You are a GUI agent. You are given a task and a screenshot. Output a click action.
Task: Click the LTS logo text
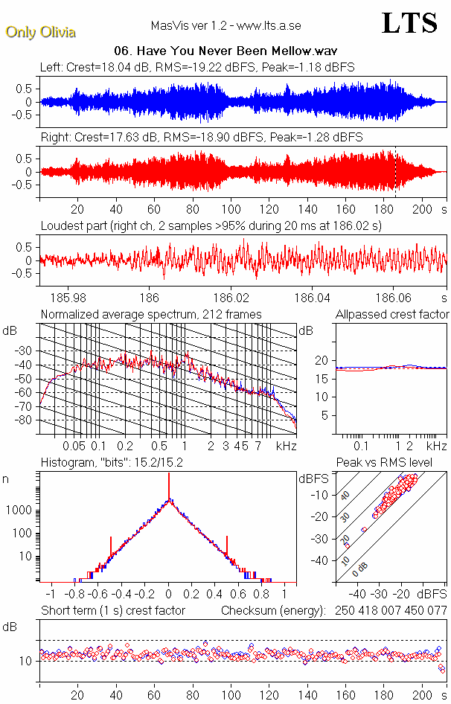click(409, 24)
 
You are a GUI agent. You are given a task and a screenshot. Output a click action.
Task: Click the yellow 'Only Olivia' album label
click(40, 32)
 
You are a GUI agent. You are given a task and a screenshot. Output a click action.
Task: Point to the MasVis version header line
click(225, 25)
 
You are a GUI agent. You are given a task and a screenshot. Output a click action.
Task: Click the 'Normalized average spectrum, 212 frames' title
click(151, 314)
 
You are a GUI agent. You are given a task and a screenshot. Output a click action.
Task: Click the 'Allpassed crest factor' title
click(392, 314)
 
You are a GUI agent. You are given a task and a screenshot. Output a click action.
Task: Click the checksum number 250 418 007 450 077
click(387, 610)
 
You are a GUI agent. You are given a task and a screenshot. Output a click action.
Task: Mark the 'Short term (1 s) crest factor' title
click(112, 610)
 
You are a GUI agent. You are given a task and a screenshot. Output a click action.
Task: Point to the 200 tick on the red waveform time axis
click(423, 208)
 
